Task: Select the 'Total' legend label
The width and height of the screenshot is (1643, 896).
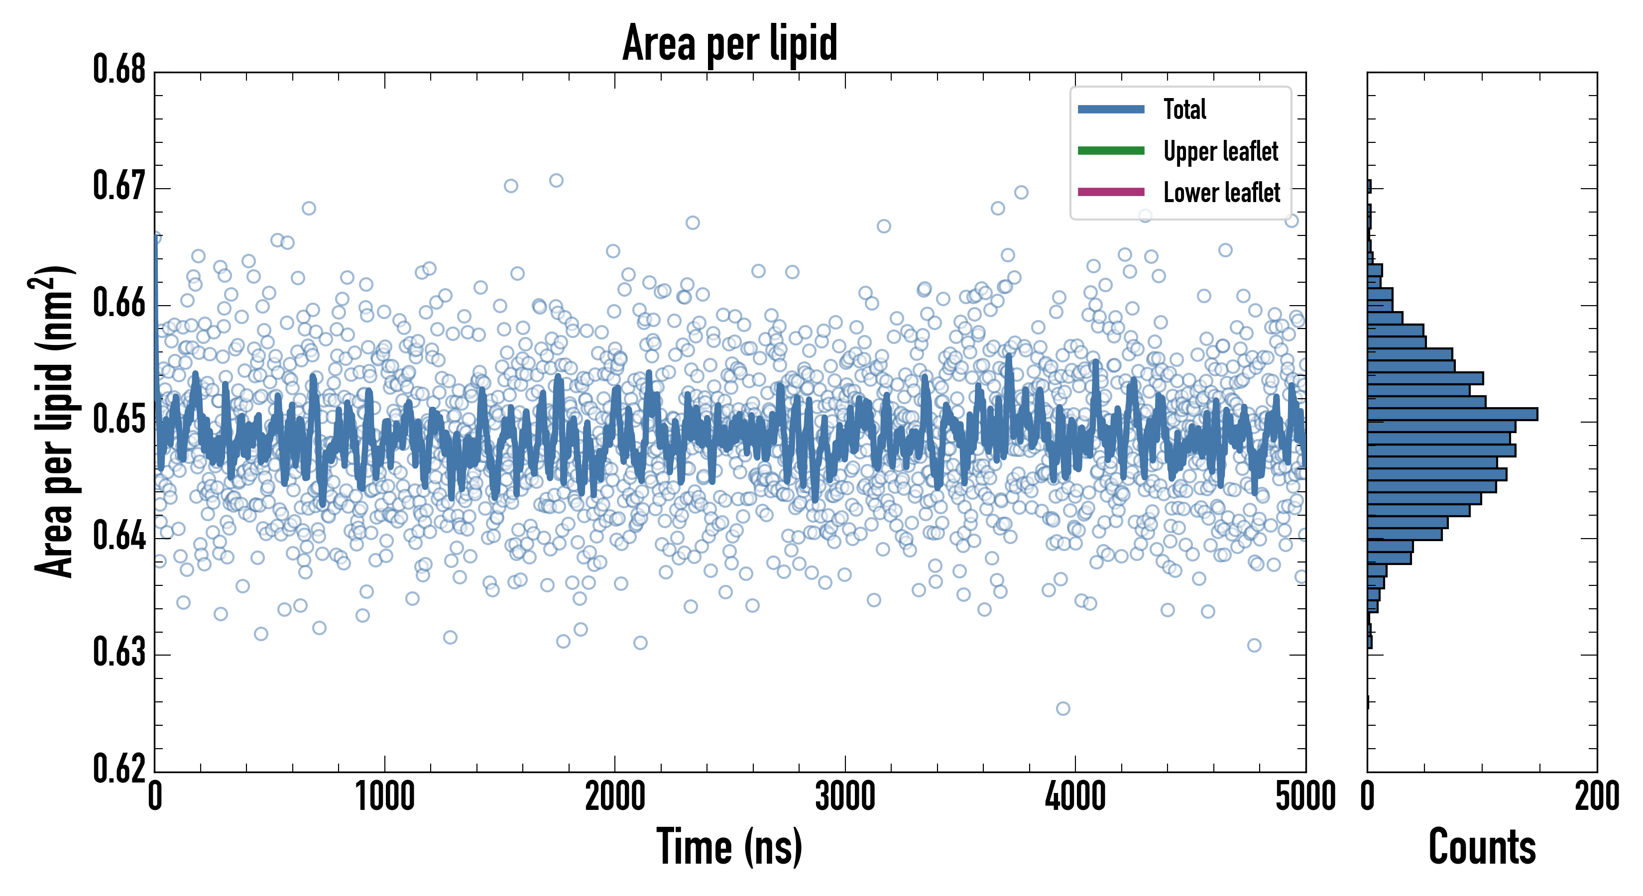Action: coord(1184,109)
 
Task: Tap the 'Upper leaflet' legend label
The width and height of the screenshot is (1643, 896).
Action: coord(1220,151)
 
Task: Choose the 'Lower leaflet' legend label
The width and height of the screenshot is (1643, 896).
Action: coord(1221,192)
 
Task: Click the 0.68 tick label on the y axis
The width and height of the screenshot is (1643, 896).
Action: coord(119,70)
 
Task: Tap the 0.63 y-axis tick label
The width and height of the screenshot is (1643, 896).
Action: coord(119,653)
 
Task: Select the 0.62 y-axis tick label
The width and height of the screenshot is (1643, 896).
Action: coord(119,769)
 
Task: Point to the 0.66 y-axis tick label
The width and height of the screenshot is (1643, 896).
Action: coord(119,303)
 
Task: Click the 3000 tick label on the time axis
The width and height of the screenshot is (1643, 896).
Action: coord(845,797)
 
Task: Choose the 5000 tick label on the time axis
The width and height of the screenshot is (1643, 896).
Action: coord(1305,797)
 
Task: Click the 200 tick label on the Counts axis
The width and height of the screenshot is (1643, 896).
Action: coord(1596,797)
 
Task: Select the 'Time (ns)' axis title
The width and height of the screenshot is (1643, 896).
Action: coord(730,847)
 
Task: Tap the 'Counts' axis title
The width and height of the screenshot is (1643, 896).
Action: coord(1482,847)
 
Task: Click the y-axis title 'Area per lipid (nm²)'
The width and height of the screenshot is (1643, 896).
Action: coord(54,422)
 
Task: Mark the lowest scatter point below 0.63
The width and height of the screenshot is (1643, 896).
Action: coord(1062,708)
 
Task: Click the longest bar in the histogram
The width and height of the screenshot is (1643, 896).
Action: coord(1452,414)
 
